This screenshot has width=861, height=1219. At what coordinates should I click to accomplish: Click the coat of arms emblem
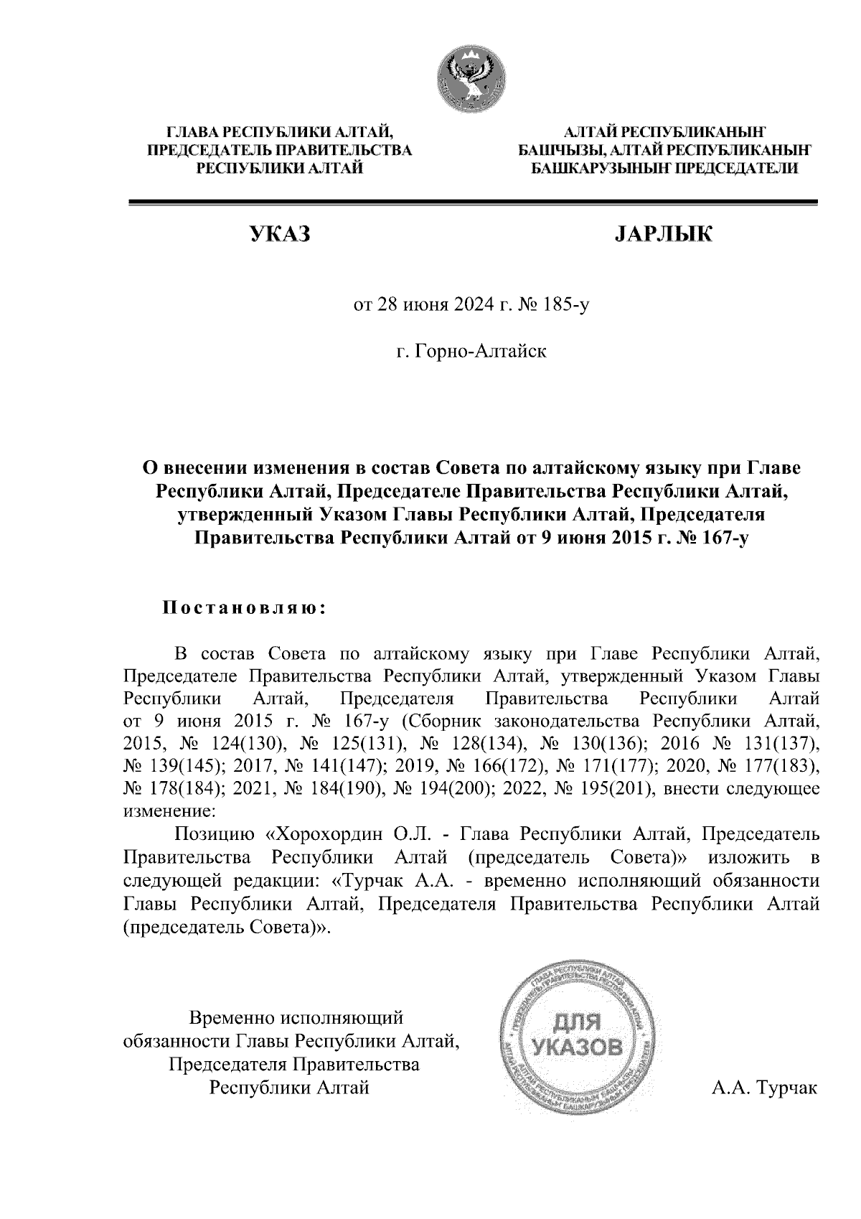[471, 78]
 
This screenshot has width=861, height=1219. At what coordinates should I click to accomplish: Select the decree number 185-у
[566, 307]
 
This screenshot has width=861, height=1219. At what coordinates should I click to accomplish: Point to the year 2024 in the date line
[471, 307]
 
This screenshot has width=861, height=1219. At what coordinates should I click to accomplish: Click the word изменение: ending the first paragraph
[169, 812]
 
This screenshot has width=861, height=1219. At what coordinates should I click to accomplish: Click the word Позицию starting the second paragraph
[215, 835]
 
